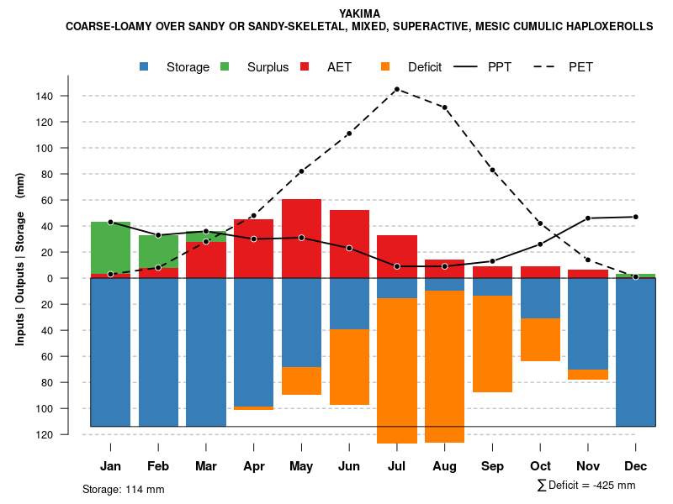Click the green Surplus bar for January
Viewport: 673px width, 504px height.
coord(110,247)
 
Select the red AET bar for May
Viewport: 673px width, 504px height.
coord(301,239)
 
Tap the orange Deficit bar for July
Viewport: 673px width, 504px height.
coord(397,370)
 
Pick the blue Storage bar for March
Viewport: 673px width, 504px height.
coord(206,353)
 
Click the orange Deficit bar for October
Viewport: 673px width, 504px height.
coord(540,339)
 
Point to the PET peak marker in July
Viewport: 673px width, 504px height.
coord(397,89)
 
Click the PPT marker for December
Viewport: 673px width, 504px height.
coord(635,217)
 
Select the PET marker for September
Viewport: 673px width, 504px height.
coord(492,171)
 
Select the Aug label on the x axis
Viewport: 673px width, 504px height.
coord(444,466)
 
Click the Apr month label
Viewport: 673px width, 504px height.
coord(254,466)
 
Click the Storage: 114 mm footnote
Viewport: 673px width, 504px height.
coord(123,489)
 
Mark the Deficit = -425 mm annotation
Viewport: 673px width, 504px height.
coord(586,485)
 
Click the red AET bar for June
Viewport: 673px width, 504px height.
coord(349,244)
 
